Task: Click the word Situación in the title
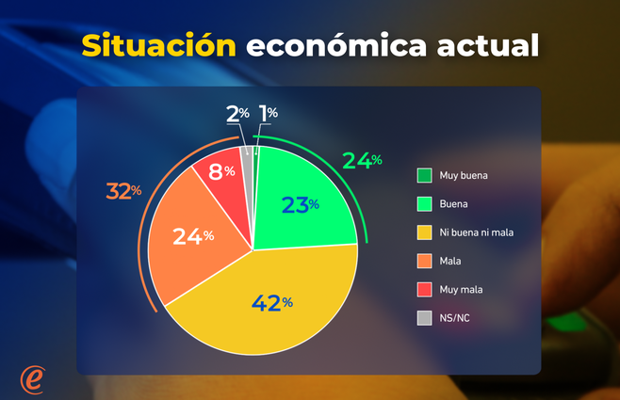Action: tap(157, 46)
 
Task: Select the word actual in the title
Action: tap(492, 46)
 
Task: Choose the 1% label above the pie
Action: tap(268, 114)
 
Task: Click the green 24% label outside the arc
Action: tap(362, 161)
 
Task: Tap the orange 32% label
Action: tap(123, 191)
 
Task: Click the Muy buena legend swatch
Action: tap(425, 175)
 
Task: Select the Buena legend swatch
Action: tap(425, 203)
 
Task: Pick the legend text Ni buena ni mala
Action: tap(481, 232)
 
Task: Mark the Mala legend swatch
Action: tap(425, 261)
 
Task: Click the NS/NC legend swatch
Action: tap(425, 317)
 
